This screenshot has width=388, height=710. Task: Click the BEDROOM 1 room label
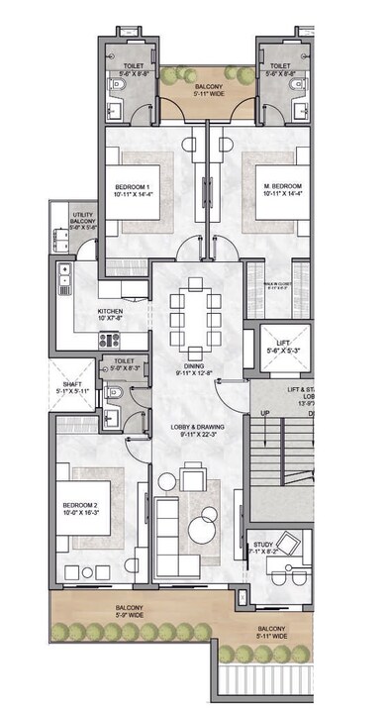point(133,188)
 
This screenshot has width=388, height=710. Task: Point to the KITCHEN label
point(110,311)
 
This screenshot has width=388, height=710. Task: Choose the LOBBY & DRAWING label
point(197,427)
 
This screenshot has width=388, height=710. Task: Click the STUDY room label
point(263,544)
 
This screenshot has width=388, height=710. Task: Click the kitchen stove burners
point(109,339)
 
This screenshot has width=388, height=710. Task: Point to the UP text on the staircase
point(264,412)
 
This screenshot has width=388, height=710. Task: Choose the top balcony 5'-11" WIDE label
point(208,95)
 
